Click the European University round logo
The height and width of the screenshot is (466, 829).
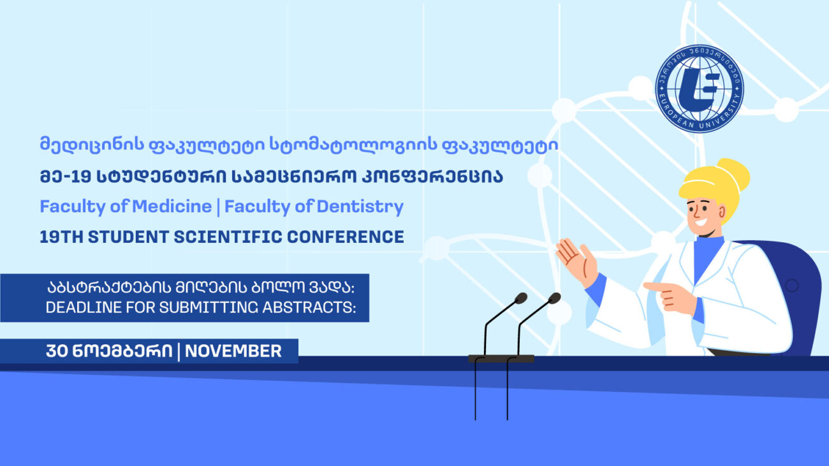700,89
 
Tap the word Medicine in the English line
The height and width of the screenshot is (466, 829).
172,206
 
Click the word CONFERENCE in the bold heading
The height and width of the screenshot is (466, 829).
345,237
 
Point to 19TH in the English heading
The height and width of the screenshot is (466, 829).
62,237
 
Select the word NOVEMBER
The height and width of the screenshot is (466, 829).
233,351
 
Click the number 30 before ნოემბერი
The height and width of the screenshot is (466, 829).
57,351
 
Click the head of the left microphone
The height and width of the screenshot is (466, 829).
521,298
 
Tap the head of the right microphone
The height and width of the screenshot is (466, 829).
554,298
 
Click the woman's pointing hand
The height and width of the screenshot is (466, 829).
670,296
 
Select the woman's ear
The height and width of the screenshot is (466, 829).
722,212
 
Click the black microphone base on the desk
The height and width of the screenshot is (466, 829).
501,358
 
